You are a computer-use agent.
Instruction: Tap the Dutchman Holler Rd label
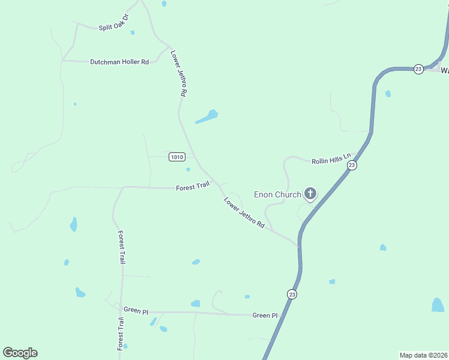(119, 62)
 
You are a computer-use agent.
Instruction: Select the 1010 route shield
(176, 157)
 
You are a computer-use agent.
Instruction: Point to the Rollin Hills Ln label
(330, 160)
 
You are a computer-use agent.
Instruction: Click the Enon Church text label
(277, 194)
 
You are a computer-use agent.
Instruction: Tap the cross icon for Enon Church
(310, 193)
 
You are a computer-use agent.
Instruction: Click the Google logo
(20, 353)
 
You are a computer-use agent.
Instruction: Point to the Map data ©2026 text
(424, 355)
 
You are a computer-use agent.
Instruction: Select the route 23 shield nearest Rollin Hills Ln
(352, 165)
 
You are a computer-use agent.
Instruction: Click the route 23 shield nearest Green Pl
(292, 294)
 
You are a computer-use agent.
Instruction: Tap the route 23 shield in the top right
(418, 69)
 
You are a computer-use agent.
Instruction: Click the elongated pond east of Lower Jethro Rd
(206, 116)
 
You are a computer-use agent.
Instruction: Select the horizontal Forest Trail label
(192, 187)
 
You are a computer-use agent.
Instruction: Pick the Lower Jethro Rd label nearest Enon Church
(244, 212)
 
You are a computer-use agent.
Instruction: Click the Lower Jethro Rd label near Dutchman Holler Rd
(179, 74)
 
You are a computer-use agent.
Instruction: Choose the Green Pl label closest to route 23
(265, 316)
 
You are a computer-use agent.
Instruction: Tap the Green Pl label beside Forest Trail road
(136, 310)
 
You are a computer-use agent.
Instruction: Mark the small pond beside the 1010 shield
(188, 169)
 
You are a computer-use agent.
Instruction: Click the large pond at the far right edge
(438, 305)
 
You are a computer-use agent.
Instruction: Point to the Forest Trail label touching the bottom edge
(121, 335)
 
